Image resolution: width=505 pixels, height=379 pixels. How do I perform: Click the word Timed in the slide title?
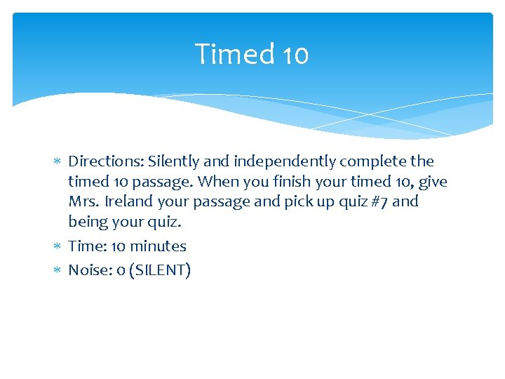(x=226, y=54)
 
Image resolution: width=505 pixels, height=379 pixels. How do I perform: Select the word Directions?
(x=106, y=161)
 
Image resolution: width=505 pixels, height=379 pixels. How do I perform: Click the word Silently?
(x=173, y=162)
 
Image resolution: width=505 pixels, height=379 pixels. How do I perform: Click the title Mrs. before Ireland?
(x=84, y=202)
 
